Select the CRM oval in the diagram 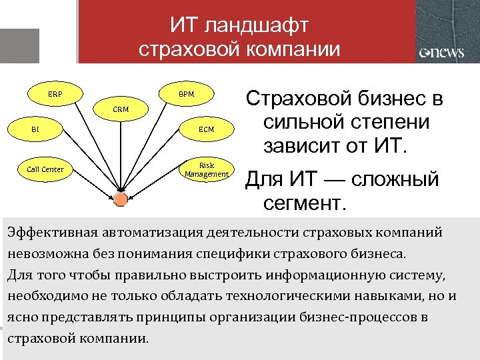coord(121,109)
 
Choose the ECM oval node coord(206,129)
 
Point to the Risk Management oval coord(206,169)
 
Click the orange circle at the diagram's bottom coord(120,200)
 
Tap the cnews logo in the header coord(441,53)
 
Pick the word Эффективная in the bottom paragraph coord(52,233)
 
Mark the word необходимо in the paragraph coord(43,296)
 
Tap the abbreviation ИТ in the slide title coord(185,27)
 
